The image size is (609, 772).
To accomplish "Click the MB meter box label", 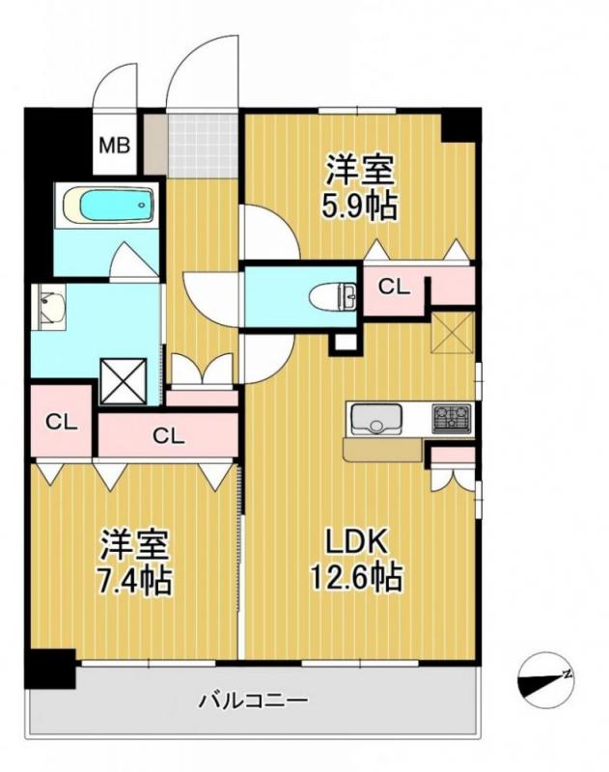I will point(117,147).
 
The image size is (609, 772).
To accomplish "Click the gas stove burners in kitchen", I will point(452,418).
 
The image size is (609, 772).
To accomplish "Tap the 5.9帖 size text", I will point(360,207).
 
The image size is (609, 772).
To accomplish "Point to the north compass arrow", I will point(546,677).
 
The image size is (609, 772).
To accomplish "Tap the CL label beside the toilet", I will point(392,286).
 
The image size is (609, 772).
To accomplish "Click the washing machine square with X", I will point(123,379).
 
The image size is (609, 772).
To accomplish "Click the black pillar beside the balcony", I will point(50,670).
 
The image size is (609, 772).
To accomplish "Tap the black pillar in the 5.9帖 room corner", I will point(459,124).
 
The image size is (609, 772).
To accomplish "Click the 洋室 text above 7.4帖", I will point(138,546).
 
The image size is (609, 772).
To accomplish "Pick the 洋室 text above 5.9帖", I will point(360,172).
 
